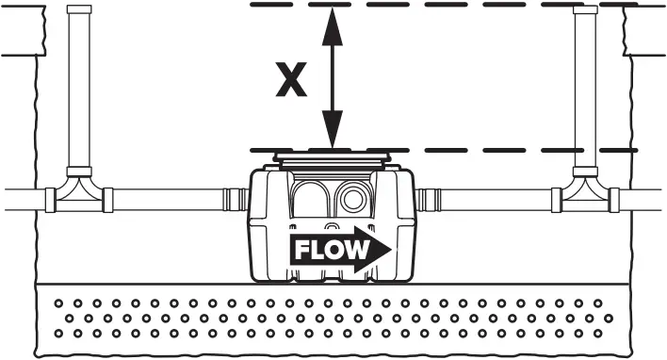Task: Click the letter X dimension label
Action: pos(291,80)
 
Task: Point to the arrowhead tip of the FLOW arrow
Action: pos(390,250)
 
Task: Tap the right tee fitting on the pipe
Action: pos(586,196)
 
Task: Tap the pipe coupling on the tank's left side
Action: pos(236,200)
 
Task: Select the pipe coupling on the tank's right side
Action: pos(431,200)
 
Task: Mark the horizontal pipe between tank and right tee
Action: pos(497,200)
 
